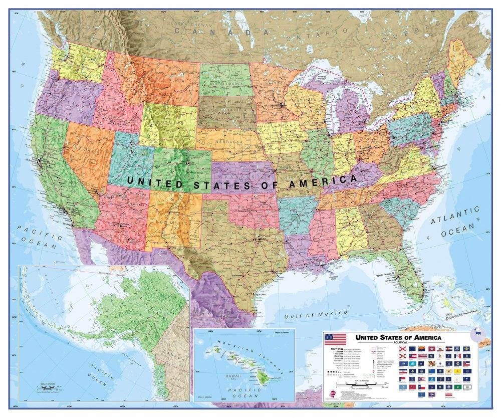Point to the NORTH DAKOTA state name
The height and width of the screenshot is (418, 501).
[x=223, y=83]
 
